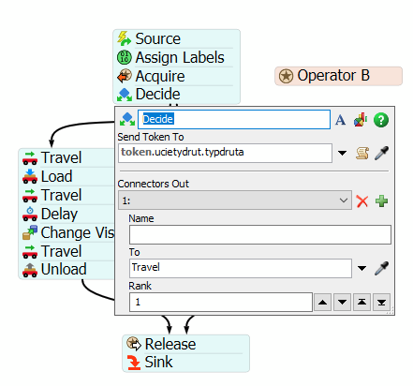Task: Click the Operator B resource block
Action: click(x=338, y=76)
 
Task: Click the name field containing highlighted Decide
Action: click(x=234, y=119)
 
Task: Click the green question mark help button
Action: click(x=381, y=120)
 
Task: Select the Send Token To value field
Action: click(x=225, y=153)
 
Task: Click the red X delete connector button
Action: click(x=362, y=201)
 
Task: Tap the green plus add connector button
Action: click(x=381, y=201)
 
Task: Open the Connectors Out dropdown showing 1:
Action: click(x=235, y=200)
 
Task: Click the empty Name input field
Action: click(x=260, y=234)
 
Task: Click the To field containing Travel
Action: click(x=241, y=268)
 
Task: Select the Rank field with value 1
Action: click(x=221, y=302)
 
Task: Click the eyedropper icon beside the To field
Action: click(x=381, y=268)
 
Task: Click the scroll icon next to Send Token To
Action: click(x=362, y=153)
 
